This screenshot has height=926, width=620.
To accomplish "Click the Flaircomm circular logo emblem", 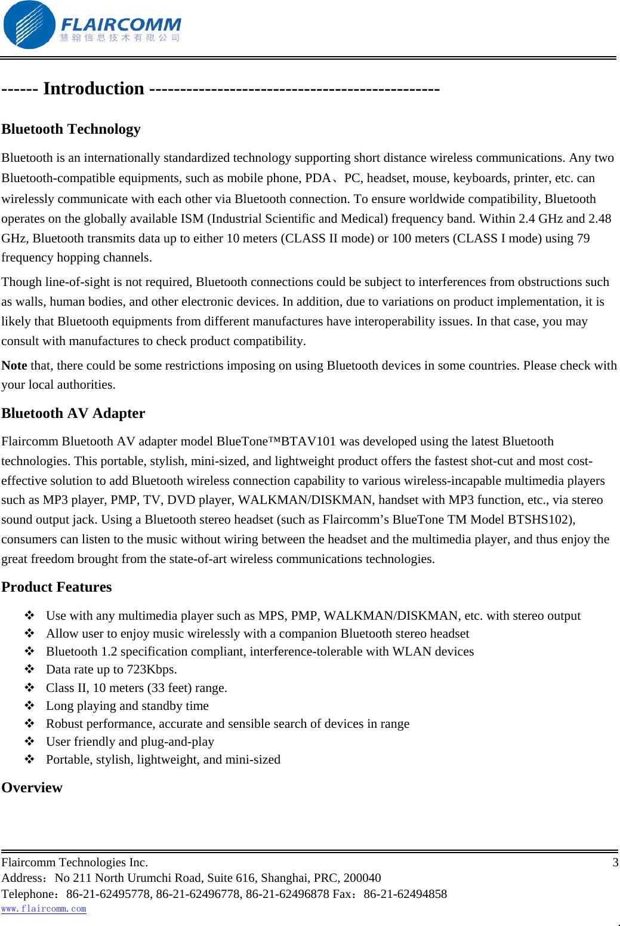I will point(29,25).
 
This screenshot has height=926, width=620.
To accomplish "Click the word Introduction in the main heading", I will point(94,88).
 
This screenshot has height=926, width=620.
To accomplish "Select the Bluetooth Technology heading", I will point(71,129).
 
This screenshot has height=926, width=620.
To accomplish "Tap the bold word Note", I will point(14,365).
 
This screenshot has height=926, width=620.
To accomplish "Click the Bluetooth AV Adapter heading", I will point(73,413).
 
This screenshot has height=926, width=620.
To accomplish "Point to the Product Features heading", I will point(57,587).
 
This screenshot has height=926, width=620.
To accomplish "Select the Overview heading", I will point(32,787).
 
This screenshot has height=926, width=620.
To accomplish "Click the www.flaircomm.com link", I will point(44,909).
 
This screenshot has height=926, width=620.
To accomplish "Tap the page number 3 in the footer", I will point(615,862).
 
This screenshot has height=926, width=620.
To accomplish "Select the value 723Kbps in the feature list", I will point(152,669).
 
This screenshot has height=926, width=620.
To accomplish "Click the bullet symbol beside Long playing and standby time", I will point(30,706).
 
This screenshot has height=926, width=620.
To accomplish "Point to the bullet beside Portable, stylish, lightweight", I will point(30,759).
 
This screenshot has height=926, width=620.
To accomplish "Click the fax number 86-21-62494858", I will point(405,894).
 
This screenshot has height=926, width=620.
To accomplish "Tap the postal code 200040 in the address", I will point(362,878).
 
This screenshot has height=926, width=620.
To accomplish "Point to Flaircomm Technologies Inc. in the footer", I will point(75,862).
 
